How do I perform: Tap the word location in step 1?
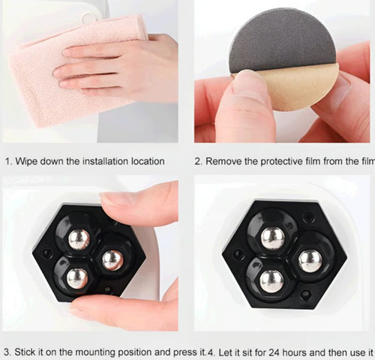[148, 161]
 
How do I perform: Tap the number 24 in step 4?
[274, 352]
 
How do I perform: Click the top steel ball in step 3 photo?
[79, 239]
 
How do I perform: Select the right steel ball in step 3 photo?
[112, 260]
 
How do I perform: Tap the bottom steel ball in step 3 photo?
[77, 278]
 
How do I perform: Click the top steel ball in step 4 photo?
[273, 238]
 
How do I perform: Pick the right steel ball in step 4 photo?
[310, 262]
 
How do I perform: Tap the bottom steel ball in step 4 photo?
[271, 282]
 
